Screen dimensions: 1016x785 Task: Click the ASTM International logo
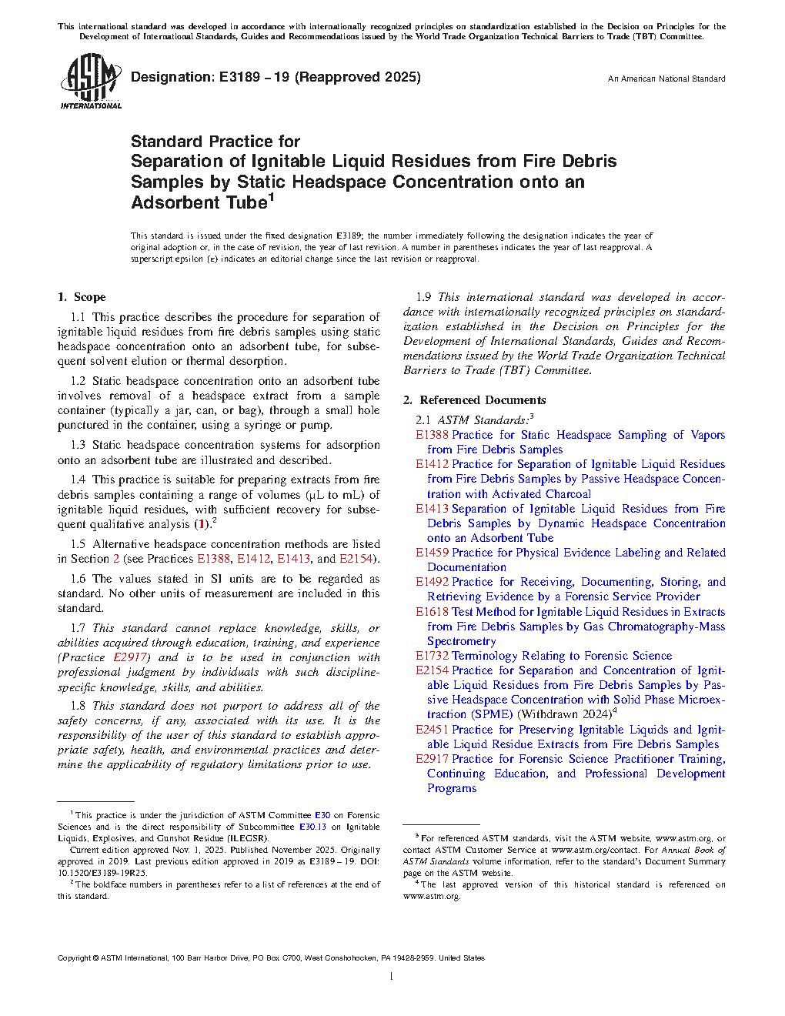[90, 81]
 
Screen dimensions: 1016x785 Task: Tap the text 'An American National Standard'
[666, 79]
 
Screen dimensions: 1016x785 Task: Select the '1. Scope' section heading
[82, 297]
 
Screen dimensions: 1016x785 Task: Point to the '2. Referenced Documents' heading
[475, 400]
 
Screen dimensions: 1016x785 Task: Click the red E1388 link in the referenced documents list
[432, 435]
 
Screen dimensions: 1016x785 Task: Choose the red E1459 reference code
[432, 553]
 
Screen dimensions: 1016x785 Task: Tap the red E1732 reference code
[432, 656]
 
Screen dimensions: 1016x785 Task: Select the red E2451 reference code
[432, 730]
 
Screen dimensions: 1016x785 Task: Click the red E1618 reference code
[432, 612]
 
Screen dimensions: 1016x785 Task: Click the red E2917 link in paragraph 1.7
[130, 657]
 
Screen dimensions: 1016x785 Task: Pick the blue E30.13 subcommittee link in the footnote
[312, 827]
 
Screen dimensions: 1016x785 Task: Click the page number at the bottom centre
[392, 977]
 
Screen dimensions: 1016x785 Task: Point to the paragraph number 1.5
[78, 544]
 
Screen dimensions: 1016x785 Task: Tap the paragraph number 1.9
[423, 297]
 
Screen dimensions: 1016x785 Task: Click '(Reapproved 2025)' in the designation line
[358, 77]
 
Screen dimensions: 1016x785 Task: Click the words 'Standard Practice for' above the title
[215, 142]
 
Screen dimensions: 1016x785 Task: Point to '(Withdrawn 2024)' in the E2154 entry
[564, 714]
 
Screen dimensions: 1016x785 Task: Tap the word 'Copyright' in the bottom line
[74, 958]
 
